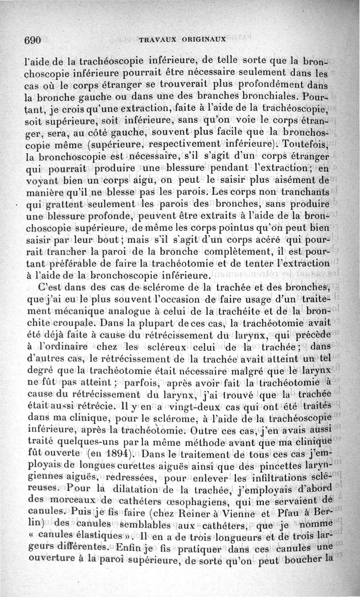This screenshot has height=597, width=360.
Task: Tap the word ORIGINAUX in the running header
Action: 204,40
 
